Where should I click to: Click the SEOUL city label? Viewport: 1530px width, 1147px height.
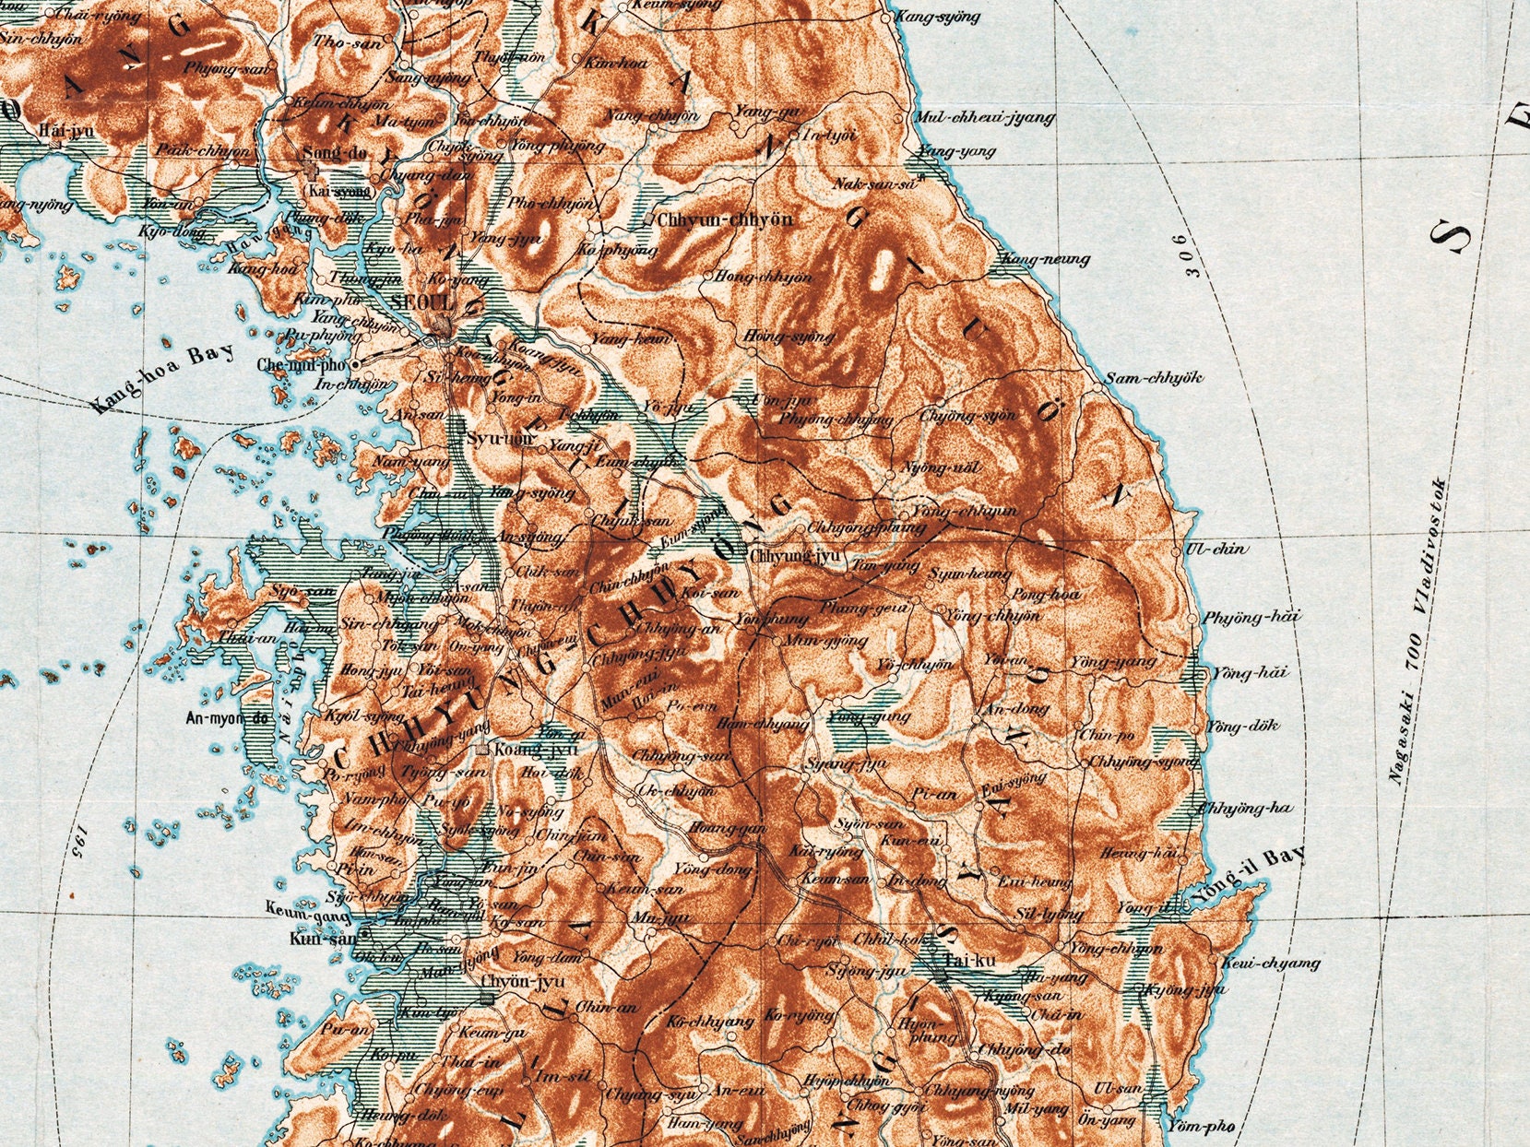(x=422, y=302)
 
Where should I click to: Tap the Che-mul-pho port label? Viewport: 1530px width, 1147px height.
(x=302, y=365)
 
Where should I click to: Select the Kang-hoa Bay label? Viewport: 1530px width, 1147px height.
(x=163, y=378)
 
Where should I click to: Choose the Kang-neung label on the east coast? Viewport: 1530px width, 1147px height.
(x=1045, y=260)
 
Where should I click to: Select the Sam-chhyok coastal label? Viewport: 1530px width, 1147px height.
(x=1154, y=378)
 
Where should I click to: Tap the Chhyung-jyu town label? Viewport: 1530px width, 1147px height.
(x=795, y=556)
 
